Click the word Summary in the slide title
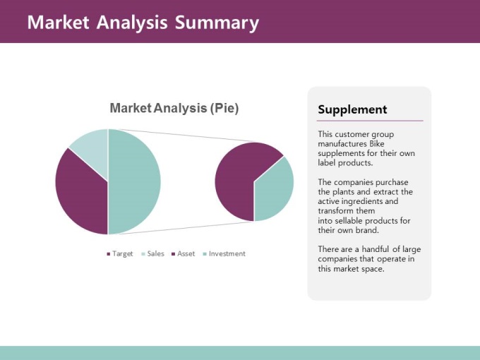pyautogui.click(x=217, y=23)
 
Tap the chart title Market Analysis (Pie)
pyautogui.click(x=174, y=108)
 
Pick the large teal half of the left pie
pyautogui.click(x=133, y=182)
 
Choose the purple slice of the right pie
pyautogui.click(x=239, y=178)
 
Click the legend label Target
pyautogui.click(x=122, y=254)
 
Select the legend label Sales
pyautogui.click(x=155, y=254)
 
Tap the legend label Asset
pyautogui.click(x=186, y=254)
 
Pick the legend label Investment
pyautogui.click(x=227, y=254)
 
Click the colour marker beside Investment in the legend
pyautogui.click(x=205, y=254)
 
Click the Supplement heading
pyautogui.click(x=352, y=109)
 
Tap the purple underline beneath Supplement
pyautogui.click(x=370, y=121)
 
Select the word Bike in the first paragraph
pyautogui.click(x=376, y=144)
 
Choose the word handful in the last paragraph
pyautogui.click(x=375, y=249)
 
